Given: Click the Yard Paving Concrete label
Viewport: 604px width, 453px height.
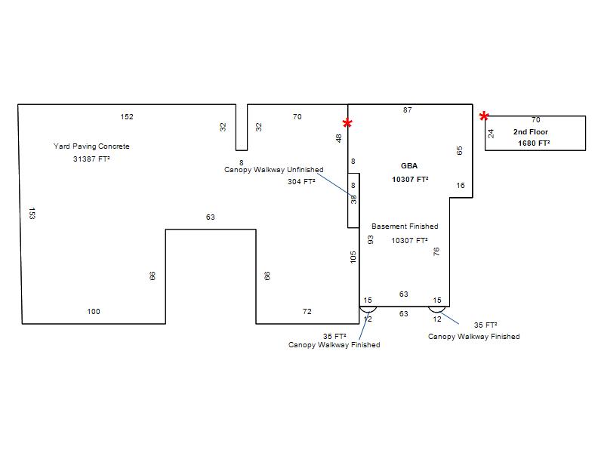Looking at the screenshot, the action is [91, 146].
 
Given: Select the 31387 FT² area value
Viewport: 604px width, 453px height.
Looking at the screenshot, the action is [91, 159].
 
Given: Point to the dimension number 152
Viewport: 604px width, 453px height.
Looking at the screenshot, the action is [127, 117].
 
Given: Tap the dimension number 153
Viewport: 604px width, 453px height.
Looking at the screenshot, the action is [32, 214].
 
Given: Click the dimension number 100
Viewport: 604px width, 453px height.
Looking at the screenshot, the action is [94, 312].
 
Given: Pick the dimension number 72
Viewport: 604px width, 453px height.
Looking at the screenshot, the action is [307, 312].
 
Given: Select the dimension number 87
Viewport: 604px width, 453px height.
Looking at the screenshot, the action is [408, 110].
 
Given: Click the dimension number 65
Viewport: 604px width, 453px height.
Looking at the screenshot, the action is [459, 150].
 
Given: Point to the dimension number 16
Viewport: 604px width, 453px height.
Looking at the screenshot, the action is [461, 186].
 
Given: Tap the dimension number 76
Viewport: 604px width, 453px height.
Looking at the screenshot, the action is [436, 251].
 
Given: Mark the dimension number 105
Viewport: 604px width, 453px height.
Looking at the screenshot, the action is [353, 257].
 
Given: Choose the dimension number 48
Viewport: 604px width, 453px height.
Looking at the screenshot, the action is [338, 138].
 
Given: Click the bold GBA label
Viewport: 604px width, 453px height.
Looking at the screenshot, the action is [409, 166].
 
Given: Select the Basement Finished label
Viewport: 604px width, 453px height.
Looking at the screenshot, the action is [405, 226].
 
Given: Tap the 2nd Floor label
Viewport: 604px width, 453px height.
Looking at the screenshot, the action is [531, 131].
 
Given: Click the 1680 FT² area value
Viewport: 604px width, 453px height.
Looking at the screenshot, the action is [534, 143].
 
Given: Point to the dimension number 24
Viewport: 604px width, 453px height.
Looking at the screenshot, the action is [491, 134].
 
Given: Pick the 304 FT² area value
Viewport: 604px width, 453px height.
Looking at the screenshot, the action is [301, 181].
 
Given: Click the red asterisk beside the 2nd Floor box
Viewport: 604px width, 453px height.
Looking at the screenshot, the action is [484, 116].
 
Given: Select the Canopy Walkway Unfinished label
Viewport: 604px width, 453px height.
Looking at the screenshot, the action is [274, 170].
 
